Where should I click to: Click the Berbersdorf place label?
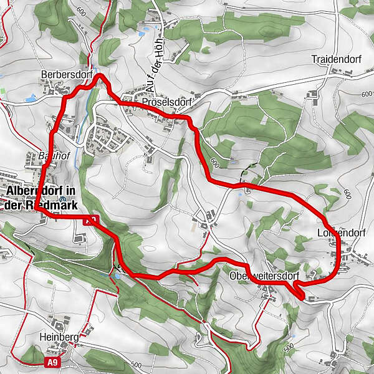click(62, 74)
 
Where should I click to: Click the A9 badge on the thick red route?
click(90, 220)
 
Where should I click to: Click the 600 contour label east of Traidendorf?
click(366, 94)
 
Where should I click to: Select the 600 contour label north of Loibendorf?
click(347, 194)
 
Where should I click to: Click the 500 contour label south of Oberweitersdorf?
click(287, 347)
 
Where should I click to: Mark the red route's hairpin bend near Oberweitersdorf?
click(297, 290)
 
